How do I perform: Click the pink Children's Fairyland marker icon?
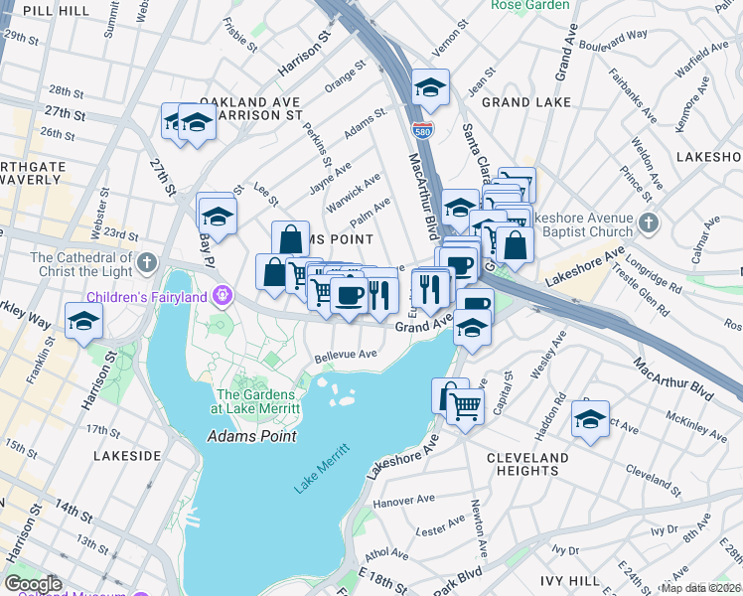[222, 295]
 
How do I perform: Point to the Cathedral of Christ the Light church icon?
[147, 262]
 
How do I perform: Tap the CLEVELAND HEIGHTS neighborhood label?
[528, 464]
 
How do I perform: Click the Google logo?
[33, 584]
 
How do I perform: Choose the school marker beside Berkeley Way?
[84, 321]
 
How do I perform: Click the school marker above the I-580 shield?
[430, 87]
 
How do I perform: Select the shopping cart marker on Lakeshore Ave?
[465, 404]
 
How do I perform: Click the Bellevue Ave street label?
[346, 354]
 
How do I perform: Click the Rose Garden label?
[530, 5]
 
